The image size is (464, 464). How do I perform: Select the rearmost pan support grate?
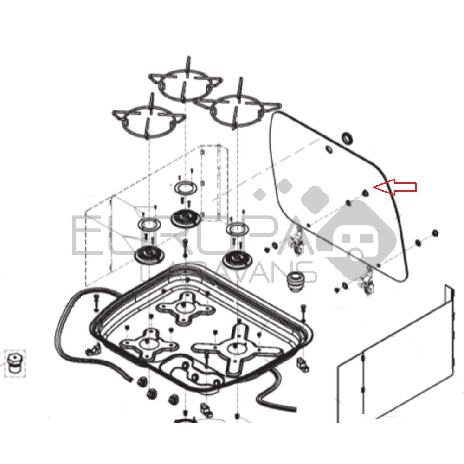pyautogui.click(x=185, y=84)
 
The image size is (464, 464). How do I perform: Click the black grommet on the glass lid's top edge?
pyautogui.click(x=347, y=137)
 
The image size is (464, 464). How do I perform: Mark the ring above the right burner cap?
pyautogui.click(x=236, y=228)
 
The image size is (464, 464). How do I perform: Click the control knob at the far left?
pyautogui.click(x=14, y=365)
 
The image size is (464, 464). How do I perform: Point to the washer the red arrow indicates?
pyautogui.click(x=365, y=193)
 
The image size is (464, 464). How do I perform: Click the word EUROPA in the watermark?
pyautogui.click(x=186, y=237)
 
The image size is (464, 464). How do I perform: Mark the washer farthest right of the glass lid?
pyautogui.click(x=435, y=232)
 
